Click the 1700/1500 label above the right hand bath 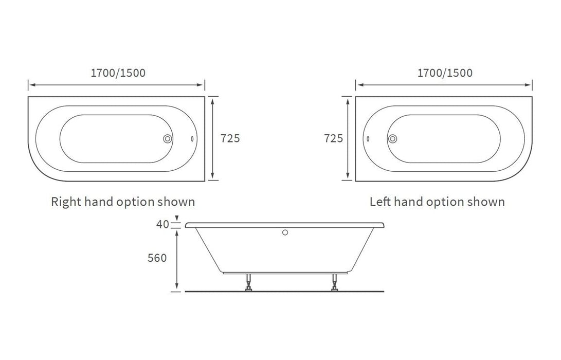coord(118,73)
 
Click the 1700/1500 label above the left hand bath coord(445,73)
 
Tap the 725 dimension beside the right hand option coord(230,138)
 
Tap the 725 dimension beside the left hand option coord(333,138)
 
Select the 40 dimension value coord(162,224)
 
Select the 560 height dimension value coord(157,258)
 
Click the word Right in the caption coord(66,202)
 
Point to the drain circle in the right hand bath coord(167,139)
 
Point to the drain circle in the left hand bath coord(393,139)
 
